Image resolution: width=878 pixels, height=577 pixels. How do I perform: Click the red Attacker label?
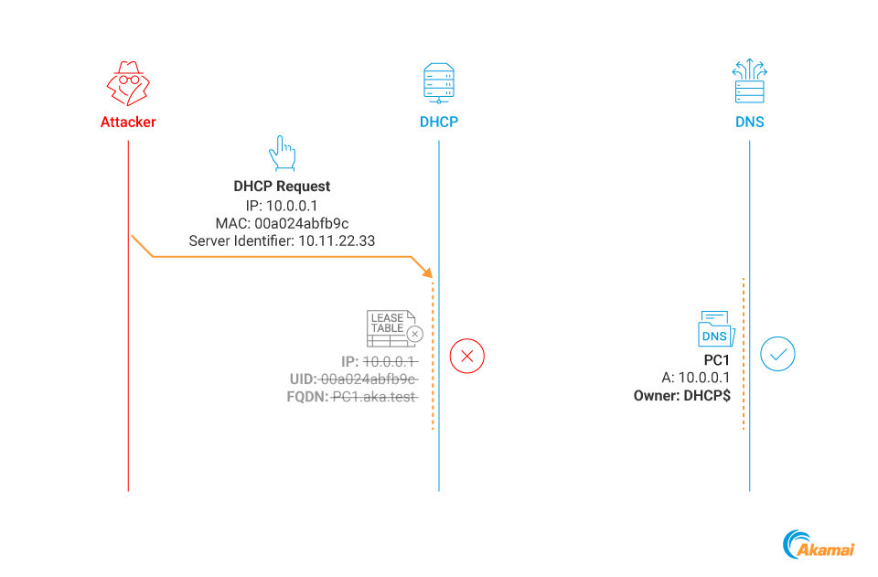pos(128,122)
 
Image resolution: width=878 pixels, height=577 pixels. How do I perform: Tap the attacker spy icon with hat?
pos(128,85)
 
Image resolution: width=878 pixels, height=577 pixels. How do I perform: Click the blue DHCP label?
pos(439,122)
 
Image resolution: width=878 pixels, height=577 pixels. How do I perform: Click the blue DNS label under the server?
pos(749,122)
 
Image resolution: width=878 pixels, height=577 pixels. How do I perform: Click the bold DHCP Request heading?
pos(282,187)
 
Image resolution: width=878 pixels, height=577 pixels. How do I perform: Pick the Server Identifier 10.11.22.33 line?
pos(282,241)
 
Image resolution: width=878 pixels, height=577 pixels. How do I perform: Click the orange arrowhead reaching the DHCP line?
pos(427,272)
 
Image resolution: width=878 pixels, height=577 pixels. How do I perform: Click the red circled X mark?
pos(467,356)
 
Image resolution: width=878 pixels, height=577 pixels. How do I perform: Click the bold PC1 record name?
pos(717,360)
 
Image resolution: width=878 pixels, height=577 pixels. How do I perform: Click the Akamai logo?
pos(819,546)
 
